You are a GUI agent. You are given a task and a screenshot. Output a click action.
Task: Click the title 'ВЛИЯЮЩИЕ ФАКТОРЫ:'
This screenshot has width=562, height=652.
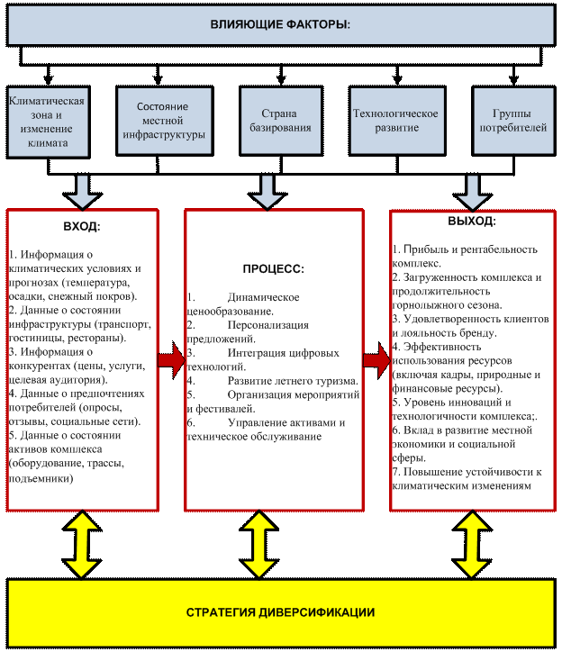point(280,24)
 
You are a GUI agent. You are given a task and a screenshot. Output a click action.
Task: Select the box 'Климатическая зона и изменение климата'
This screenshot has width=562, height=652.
point(48,122)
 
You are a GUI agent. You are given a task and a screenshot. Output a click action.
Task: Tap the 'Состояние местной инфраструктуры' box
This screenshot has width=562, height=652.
point(164,121)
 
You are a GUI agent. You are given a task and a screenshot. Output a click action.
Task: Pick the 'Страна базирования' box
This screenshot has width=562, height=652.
point(281,121)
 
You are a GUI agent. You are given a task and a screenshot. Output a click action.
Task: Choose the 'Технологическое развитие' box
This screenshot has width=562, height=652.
point(397,121)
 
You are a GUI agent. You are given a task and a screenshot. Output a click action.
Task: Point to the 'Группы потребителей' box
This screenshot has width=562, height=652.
point(513,121)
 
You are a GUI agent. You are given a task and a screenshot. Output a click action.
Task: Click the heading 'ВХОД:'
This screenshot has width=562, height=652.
point(82,227)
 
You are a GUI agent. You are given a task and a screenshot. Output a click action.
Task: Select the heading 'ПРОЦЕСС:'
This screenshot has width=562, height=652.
point(273,269)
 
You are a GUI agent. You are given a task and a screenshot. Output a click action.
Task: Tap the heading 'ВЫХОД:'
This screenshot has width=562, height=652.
point(472,222)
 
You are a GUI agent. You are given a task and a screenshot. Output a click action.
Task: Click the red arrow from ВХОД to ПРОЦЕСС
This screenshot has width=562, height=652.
point(171,360)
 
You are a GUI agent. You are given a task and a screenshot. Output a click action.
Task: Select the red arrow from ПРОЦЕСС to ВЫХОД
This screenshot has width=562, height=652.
point(376,360)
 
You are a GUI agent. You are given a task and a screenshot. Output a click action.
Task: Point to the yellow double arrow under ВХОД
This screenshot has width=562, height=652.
point(82,545)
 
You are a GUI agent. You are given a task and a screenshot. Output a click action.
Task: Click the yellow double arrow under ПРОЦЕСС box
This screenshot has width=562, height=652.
point(258,545)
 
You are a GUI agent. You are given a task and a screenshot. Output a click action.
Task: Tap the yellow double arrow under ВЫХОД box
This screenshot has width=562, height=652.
point(472,545)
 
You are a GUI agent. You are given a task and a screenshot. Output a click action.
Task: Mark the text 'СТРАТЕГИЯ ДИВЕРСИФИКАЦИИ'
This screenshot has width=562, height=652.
point(280,612)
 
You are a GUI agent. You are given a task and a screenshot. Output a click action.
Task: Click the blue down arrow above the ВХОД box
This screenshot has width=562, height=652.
point(82,192)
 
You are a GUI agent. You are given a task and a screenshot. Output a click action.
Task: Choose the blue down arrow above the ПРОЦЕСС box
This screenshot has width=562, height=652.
point(267,192)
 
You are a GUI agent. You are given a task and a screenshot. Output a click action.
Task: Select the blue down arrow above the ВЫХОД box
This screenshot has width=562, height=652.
point(472,192)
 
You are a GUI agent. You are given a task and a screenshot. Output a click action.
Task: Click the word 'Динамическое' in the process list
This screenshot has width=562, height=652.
point(263,297)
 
